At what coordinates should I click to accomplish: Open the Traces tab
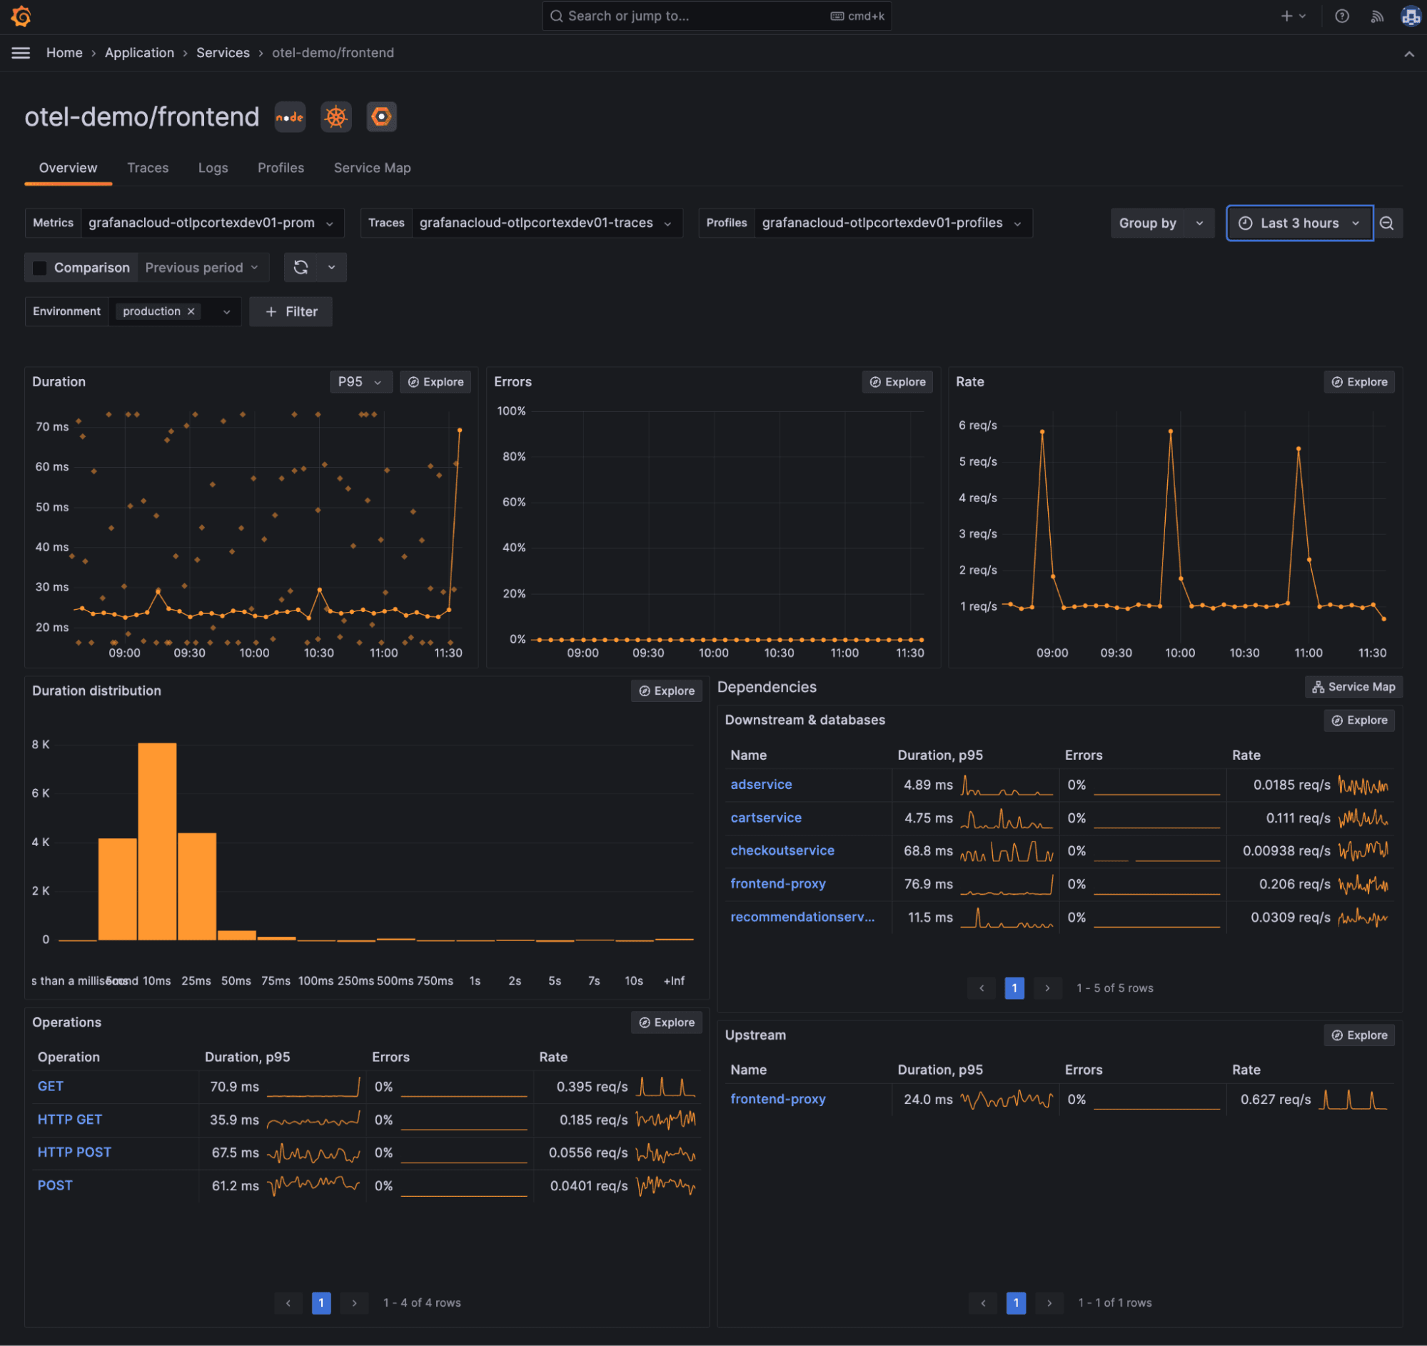148,168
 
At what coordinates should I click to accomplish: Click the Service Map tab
372,168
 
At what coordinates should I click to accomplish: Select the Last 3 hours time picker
1299,224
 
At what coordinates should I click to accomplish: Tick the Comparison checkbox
40,268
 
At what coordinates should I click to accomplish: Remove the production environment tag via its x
191,311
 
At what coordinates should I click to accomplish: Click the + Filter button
291,311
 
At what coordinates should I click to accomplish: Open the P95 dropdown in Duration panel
360,382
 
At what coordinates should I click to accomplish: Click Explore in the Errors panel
897,382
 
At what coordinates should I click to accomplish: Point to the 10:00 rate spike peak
1170,431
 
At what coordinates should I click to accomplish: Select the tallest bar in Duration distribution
157,840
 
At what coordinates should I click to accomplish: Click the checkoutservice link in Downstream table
782,850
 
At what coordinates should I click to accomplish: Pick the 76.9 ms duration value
927,884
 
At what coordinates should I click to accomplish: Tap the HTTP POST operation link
74,1152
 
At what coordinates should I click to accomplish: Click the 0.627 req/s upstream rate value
1275,1099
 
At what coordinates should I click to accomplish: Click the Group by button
1147,224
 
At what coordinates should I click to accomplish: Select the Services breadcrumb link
223,53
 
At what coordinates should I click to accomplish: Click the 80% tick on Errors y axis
513,456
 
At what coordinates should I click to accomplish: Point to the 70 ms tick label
51,426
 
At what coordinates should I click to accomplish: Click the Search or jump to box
716,16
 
